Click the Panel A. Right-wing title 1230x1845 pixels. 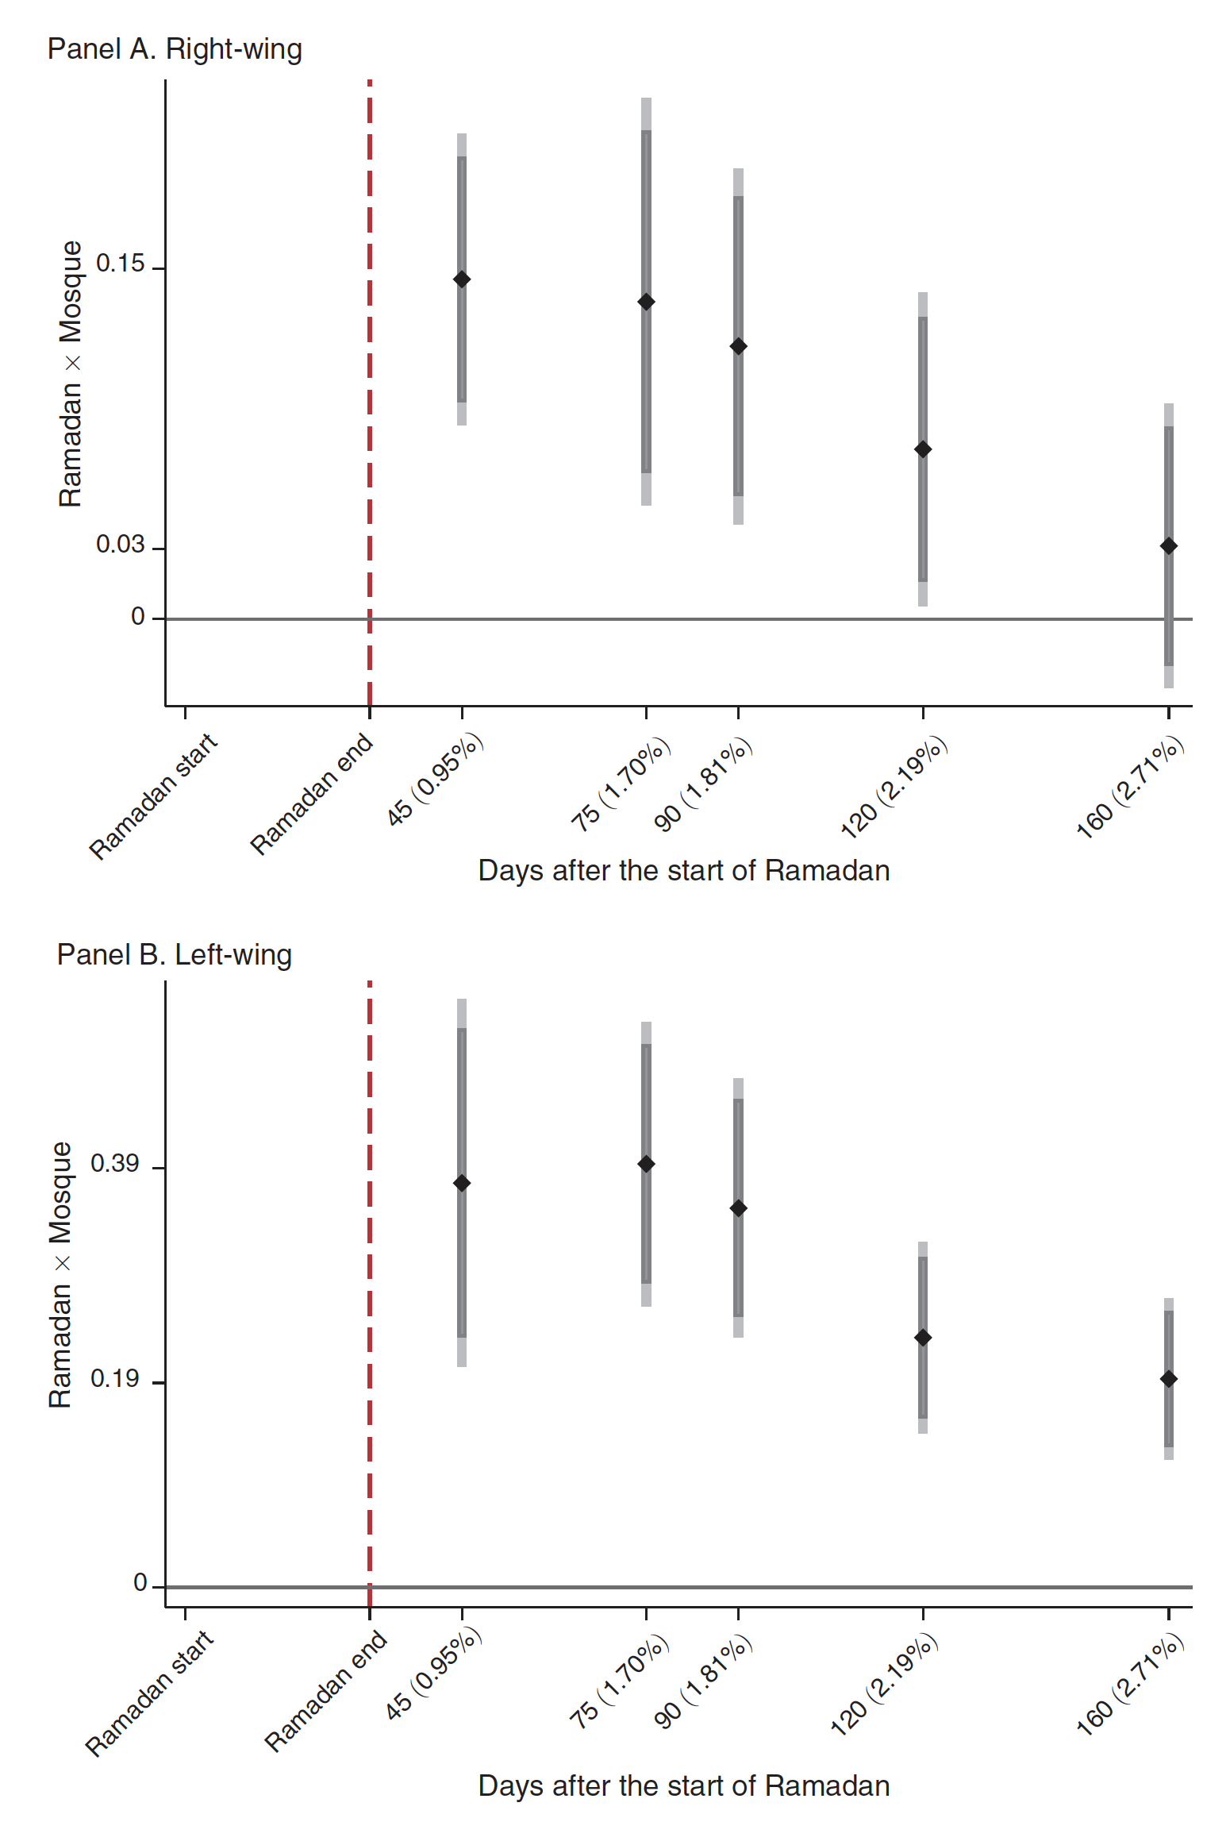coord(175,49)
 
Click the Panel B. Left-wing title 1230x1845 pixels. coord(175,954)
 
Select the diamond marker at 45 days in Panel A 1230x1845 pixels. coord(462,279)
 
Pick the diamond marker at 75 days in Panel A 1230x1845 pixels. coord(647,302)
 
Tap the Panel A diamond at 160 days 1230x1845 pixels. coord(1169,546)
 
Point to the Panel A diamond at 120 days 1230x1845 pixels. coord(923,449)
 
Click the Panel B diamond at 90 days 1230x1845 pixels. coord(739,1208)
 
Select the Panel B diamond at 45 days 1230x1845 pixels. coord(462,1184)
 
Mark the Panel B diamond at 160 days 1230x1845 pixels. coord(1169,1379)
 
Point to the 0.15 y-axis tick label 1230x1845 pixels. coord(121,264)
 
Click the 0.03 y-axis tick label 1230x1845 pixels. coord(121,545)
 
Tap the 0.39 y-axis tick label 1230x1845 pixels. coord(115,1164)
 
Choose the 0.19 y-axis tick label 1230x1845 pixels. coord(115,1379)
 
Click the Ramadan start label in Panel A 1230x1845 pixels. coord(153,796)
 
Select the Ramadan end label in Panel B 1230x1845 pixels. coord(325,1691)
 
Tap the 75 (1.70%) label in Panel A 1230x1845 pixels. coord(621,784)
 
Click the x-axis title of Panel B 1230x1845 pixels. coord(684,1785)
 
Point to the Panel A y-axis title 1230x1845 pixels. coord(71,373)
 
